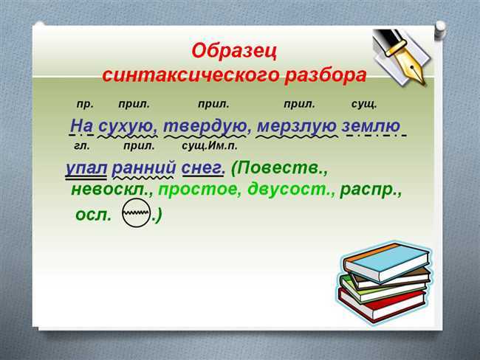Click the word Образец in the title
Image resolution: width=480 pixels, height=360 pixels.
click(234, 51)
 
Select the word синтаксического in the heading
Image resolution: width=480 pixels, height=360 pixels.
click(191, 75)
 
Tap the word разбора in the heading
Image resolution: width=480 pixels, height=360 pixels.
click(326, 76)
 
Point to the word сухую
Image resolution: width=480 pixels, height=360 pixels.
click(128, 126)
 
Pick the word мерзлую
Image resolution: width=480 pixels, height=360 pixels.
click(296, 126)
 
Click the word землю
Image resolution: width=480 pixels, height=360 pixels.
click(371, 125)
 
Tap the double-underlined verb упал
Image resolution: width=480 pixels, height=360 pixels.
click(86, 168)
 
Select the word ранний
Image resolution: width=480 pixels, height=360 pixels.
click(143, 168)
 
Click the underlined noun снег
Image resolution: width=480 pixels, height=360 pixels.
click(203, 168)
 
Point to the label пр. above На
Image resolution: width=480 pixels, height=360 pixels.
click(85, 105)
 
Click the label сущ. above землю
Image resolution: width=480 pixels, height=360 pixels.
click(363, 105)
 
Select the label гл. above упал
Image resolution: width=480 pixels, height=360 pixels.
click(82, 146)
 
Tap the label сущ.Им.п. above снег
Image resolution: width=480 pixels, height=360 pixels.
click(210, 146)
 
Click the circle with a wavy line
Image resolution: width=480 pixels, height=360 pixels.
click(136, 213)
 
